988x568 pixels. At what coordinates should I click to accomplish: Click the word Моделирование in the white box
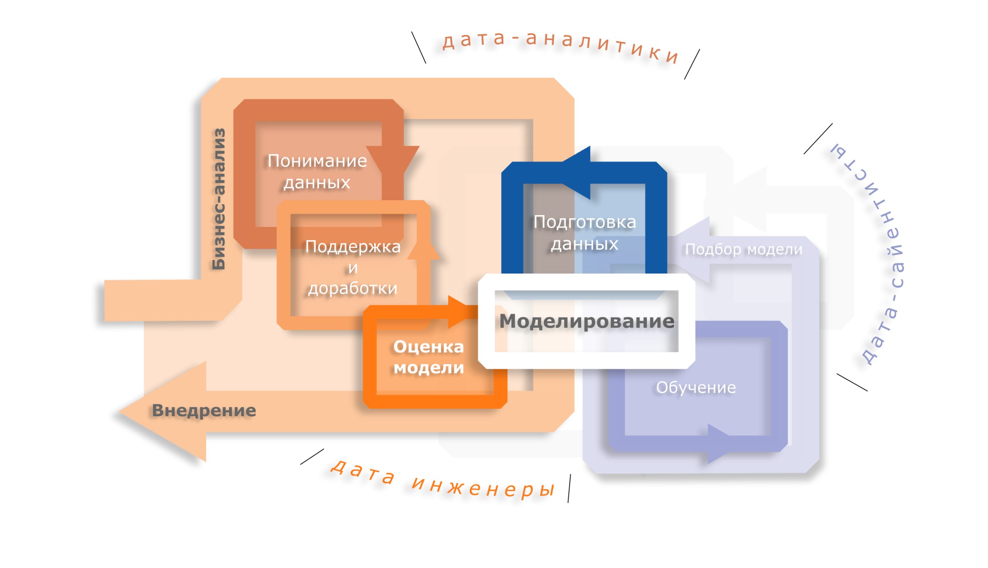(586, 321)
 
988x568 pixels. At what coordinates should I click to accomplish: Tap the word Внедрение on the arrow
(203, 410)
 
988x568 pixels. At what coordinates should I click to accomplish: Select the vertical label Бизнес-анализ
(219, 199)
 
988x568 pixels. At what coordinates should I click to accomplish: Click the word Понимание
(317, 161)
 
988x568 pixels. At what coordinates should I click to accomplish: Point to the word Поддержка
(352, 247)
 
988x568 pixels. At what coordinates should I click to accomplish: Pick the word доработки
(352, 288)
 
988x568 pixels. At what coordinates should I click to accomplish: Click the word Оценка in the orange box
(428, 347)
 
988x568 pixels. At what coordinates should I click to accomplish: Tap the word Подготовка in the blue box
(584, 222)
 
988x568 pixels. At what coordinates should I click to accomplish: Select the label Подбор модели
(744, 249)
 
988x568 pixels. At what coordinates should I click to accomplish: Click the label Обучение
(696, 387)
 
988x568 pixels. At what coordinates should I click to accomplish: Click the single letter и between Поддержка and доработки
(352, 268)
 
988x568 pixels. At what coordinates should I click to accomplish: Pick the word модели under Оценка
(428, 368)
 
